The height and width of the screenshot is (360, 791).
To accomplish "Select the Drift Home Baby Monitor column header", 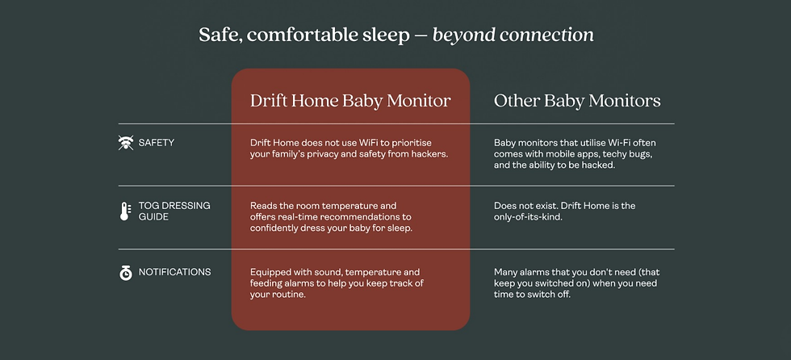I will (350, 101).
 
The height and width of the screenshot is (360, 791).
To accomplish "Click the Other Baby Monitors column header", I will (577, 101).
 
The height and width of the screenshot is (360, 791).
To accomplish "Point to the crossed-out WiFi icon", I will (125, 143).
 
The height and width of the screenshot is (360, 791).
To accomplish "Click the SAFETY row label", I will (157, 143).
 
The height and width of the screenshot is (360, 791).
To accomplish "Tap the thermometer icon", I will (125, 211).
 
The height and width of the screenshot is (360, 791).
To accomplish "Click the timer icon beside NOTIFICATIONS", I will (125, 273).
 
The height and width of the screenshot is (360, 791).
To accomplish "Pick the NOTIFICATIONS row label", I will (174, 273).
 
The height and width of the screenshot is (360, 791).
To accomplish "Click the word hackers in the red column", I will (426, 154).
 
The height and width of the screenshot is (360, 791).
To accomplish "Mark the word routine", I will (288, 295).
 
